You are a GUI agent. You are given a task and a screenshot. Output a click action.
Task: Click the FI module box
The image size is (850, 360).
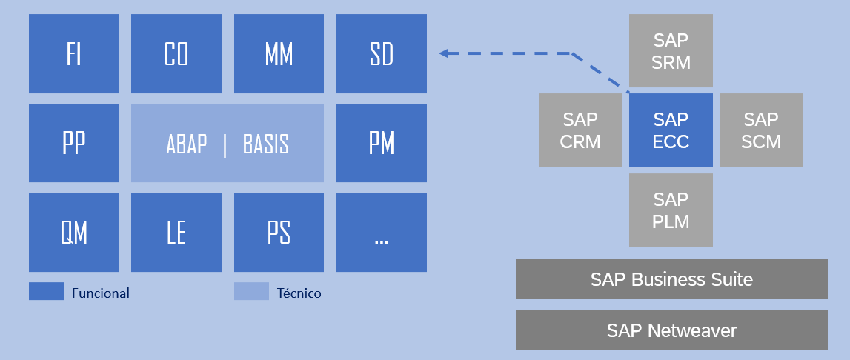pyautogui.click(x=73, y=54)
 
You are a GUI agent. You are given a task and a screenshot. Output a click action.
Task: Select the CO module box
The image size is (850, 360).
pyautogui.click(x=176, y=54)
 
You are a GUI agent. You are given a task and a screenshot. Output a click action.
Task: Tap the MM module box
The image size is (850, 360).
pyautogui.click(x=279, y=54)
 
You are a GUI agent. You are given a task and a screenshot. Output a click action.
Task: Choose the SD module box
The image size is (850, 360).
pyautogui.click(x=382, y=54)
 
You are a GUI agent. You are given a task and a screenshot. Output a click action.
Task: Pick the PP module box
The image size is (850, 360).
pyautogui.click(x=73, y=143)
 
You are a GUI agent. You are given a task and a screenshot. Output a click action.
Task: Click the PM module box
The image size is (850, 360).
pyautogui.click(x=382, y=143)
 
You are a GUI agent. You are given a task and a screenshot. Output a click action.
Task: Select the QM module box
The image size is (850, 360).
pyautogui.click(x=73, y=233)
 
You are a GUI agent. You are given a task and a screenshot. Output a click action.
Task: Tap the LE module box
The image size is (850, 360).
pyautogui.click(x=176, y=233)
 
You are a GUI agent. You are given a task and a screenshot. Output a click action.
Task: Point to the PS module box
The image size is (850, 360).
pyautogui.click(x=279, y=233)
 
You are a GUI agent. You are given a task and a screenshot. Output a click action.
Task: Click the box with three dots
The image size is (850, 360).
pyautogui.click(x=382, y=233)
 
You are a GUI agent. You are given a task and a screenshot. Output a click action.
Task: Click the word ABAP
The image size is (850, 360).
pyautogui.click(x=187, y=144)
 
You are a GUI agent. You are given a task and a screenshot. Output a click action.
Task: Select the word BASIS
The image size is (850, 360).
pyautogui.click(x=265, y=144)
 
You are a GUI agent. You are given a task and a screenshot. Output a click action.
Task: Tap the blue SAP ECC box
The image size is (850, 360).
pyautogui.click(x=671, y=130)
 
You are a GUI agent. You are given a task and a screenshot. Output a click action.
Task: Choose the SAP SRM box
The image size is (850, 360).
pyautogui.click(x=671, y=51)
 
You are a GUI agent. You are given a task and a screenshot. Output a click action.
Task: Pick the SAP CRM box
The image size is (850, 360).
pyautogui.click(x=580, y=130)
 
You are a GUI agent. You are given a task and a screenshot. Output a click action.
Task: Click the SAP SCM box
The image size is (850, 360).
pyautogui.click(x=761, y=130)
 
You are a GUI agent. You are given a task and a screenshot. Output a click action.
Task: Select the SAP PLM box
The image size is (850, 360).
pyautogui.click(x=671, y=210)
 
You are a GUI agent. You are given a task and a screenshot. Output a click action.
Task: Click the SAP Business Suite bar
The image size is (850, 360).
pyautogui.click(x=671, y=279)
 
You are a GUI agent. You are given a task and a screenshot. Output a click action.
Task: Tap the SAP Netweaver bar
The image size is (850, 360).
pyautogui.click(x=671, y=330)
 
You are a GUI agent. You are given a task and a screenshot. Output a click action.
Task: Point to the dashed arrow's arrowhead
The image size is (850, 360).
pyautogui.click(x=444, y=53)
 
